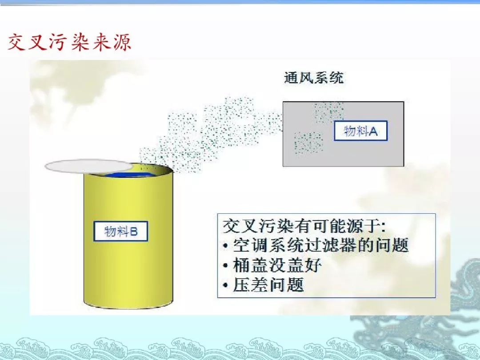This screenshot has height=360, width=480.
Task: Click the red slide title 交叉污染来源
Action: point(70,42)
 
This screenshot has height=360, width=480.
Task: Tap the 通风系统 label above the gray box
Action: point(314,78)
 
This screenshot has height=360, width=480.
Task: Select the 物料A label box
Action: point(360,131)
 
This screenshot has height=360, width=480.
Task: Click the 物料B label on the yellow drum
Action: point(120,231)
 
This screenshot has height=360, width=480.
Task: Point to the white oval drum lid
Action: point(89,166)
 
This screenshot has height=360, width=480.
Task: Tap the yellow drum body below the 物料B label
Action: point(128,272)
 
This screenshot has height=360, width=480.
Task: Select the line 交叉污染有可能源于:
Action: point(304,226)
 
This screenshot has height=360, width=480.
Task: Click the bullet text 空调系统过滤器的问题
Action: point(321,245)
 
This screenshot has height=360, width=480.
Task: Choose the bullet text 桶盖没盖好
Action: point(277,265)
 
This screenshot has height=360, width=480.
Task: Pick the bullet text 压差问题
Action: point(268,285)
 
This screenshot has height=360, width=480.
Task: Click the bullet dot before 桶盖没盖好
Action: point(226,265)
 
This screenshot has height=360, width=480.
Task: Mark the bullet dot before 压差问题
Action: point(226,285)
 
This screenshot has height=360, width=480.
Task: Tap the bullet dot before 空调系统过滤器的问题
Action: point(226,246)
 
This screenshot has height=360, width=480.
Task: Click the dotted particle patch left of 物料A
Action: point(308,143)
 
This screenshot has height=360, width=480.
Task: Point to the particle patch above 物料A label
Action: point(329,112)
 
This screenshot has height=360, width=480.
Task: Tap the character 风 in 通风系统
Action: point(306,78)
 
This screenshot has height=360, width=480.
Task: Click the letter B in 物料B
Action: point(134,232)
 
